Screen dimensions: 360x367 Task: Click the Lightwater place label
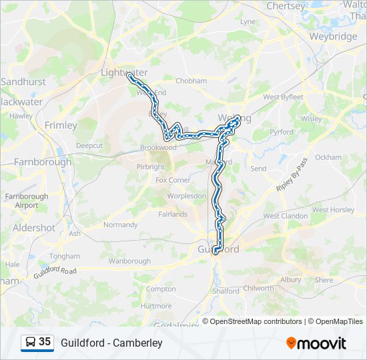click(x=123, y=72)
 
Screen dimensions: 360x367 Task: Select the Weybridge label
click(x=333, y=37)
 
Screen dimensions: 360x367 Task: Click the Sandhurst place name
click(x=23, y=81)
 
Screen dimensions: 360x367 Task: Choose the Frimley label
click(x=61, y=125)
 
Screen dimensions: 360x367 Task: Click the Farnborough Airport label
click(x=27, y=201)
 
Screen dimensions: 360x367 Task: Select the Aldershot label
click(x=34, y=227)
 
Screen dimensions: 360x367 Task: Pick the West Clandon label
click(x=286, y=216)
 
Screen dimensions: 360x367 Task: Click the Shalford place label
click(x=226, y=291)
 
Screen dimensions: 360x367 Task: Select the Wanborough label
click(x=130, y=261)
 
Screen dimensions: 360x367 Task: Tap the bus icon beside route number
click(x=31, y=342)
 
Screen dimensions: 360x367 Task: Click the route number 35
click(x=45, y=342)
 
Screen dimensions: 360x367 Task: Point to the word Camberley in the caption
click(x=137, y=343)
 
